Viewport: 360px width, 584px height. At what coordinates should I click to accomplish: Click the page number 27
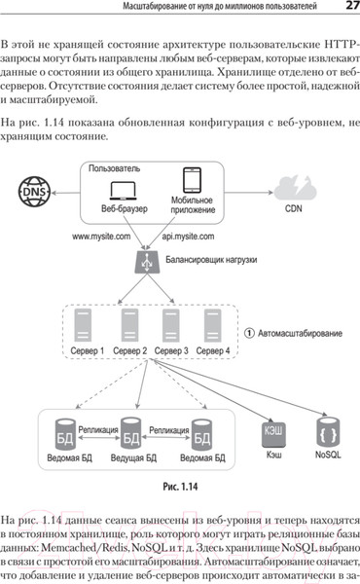coord(350,9)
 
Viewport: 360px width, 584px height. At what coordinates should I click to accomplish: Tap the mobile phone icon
coord(192,185)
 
